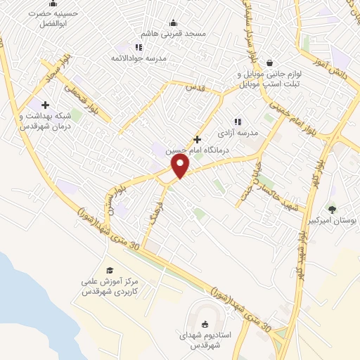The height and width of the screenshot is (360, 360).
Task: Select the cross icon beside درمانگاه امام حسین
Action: pos(198,139)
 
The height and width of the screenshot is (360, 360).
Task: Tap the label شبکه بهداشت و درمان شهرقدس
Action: pos(46,120)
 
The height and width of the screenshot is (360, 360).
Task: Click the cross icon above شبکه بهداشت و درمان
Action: pos(46,105)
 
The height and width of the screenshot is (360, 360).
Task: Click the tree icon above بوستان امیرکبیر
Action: pos(332,208)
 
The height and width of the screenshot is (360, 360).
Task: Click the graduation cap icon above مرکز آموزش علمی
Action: pos(109,270)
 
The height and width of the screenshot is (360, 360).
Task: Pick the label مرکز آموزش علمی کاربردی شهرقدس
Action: pos(110,285)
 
